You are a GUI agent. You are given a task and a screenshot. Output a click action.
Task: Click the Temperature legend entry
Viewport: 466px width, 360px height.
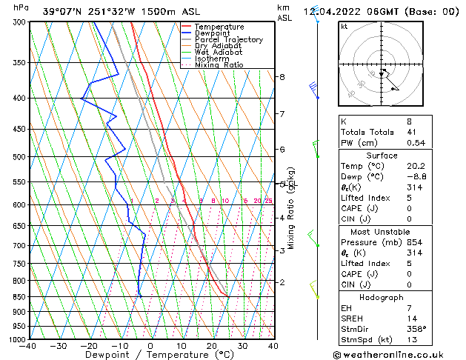(219, 27)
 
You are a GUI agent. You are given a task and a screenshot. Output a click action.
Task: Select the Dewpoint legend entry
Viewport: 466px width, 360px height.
(214, 33)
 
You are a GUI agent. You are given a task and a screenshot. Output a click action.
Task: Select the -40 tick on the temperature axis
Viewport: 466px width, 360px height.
(28, 346)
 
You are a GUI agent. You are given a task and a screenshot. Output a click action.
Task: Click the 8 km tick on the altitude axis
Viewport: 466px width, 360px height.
(282, 77)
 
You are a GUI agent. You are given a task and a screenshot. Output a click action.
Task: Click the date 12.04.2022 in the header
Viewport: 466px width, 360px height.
(330, 11)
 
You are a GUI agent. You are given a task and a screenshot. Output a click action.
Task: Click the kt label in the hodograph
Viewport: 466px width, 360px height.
(344, 26)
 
